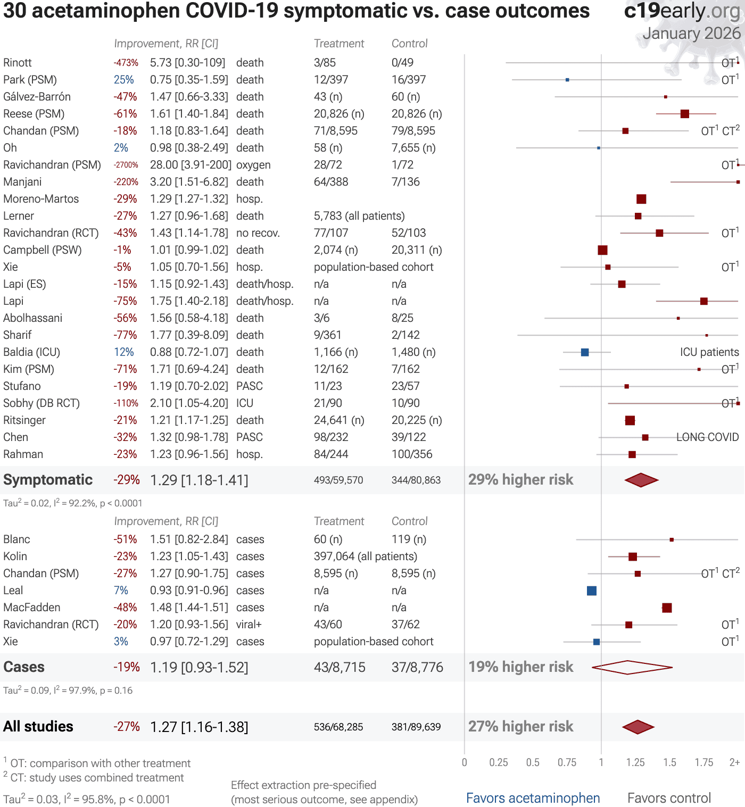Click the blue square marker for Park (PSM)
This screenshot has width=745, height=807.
coord(567,80)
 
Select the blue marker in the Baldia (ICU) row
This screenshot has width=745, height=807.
coord(585,352)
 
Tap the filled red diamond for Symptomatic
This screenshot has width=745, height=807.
coord(641,480)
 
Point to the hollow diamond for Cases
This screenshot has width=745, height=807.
coord(632,667)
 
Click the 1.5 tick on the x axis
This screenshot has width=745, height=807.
coord(669,762)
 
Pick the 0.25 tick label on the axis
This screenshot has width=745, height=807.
coord(499,762)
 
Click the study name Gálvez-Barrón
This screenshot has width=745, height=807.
coord(37,97)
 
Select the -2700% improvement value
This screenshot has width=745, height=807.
coord(126,165)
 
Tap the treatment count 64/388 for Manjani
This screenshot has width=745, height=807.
coord(330,182)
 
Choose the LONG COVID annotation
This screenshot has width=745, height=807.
coord(707,437)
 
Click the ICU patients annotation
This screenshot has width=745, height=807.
coord(709,352)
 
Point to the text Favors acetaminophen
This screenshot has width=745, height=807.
coord(533,798)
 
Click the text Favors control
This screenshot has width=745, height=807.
coord(669,798)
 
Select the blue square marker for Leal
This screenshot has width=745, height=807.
coord(592,590)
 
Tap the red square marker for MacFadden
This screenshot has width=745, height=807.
coord(667,608)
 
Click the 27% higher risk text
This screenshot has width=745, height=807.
coord(520,727)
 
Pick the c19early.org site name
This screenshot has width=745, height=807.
coord(682,11)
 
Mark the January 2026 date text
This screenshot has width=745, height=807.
coord(691,34)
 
